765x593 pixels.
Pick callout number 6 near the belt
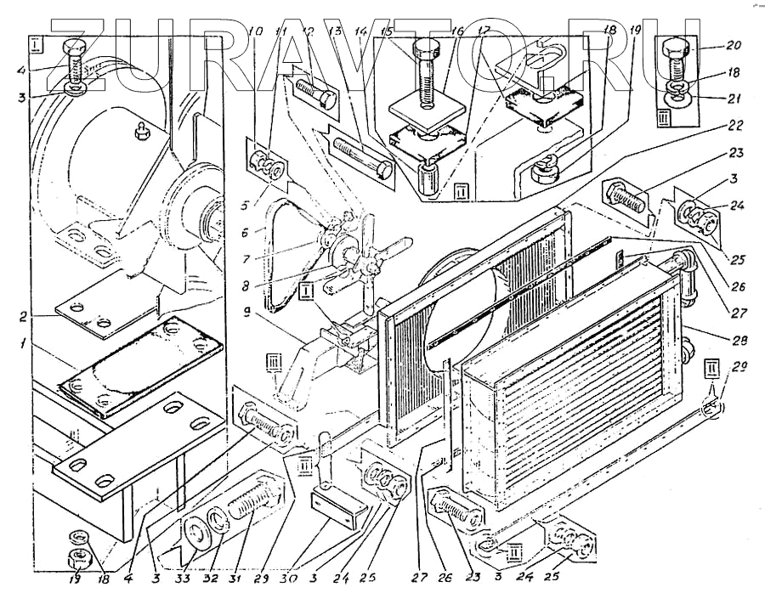click(245, 230)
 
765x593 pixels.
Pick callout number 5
click(245, 204)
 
